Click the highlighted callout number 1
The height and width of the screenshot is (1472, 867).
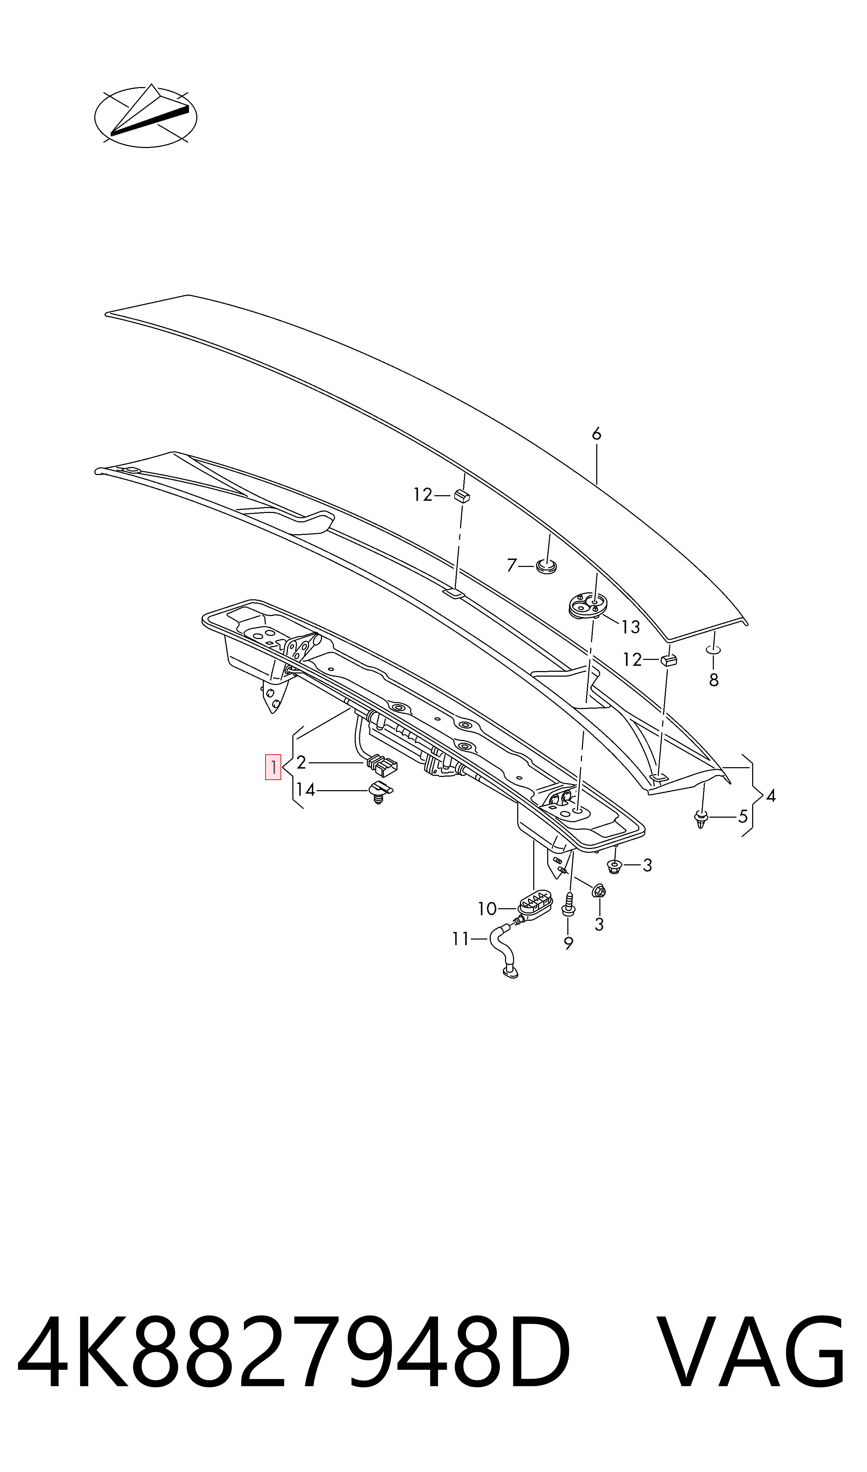pyautogui.click(x=274, y=767)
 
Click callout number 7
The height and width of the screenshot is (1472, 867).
pyautogui.click(x=512, y=565)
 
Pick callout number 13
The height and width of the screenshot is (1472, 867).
pyautogui.click(x=630, y=627)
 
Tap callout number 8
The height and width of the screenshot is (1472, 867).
pyautogui.click(x=714, y=680)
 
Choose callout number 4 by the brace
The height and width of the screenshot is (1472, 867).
pyautogui.click(x=771, y=795)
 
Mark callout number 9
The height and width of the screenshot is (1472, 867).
pyautogui.click(x=568, y=943)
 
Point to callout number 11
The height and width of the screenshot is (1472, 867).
pyautogui.click(x=461, y=939)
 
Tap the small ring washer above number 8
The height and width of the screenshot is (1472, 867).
pyautogui.click(x=714, y=650)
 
